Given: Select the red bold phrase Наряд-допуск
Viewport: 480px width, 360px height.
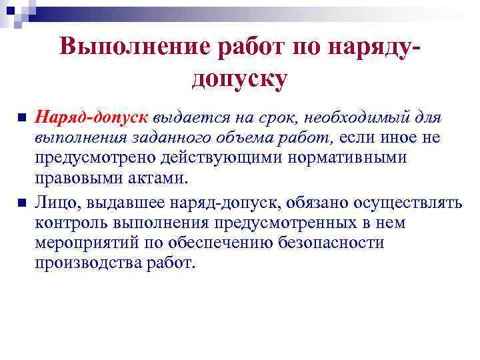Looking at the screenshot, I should click(x=92, y=118).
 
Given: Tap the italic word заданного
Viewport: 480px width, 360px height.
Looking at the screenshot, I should click(x=175, y=139).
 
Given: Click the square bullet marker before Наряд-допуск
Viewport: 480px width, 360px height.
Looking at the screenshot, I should click(x=22, y=118).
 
